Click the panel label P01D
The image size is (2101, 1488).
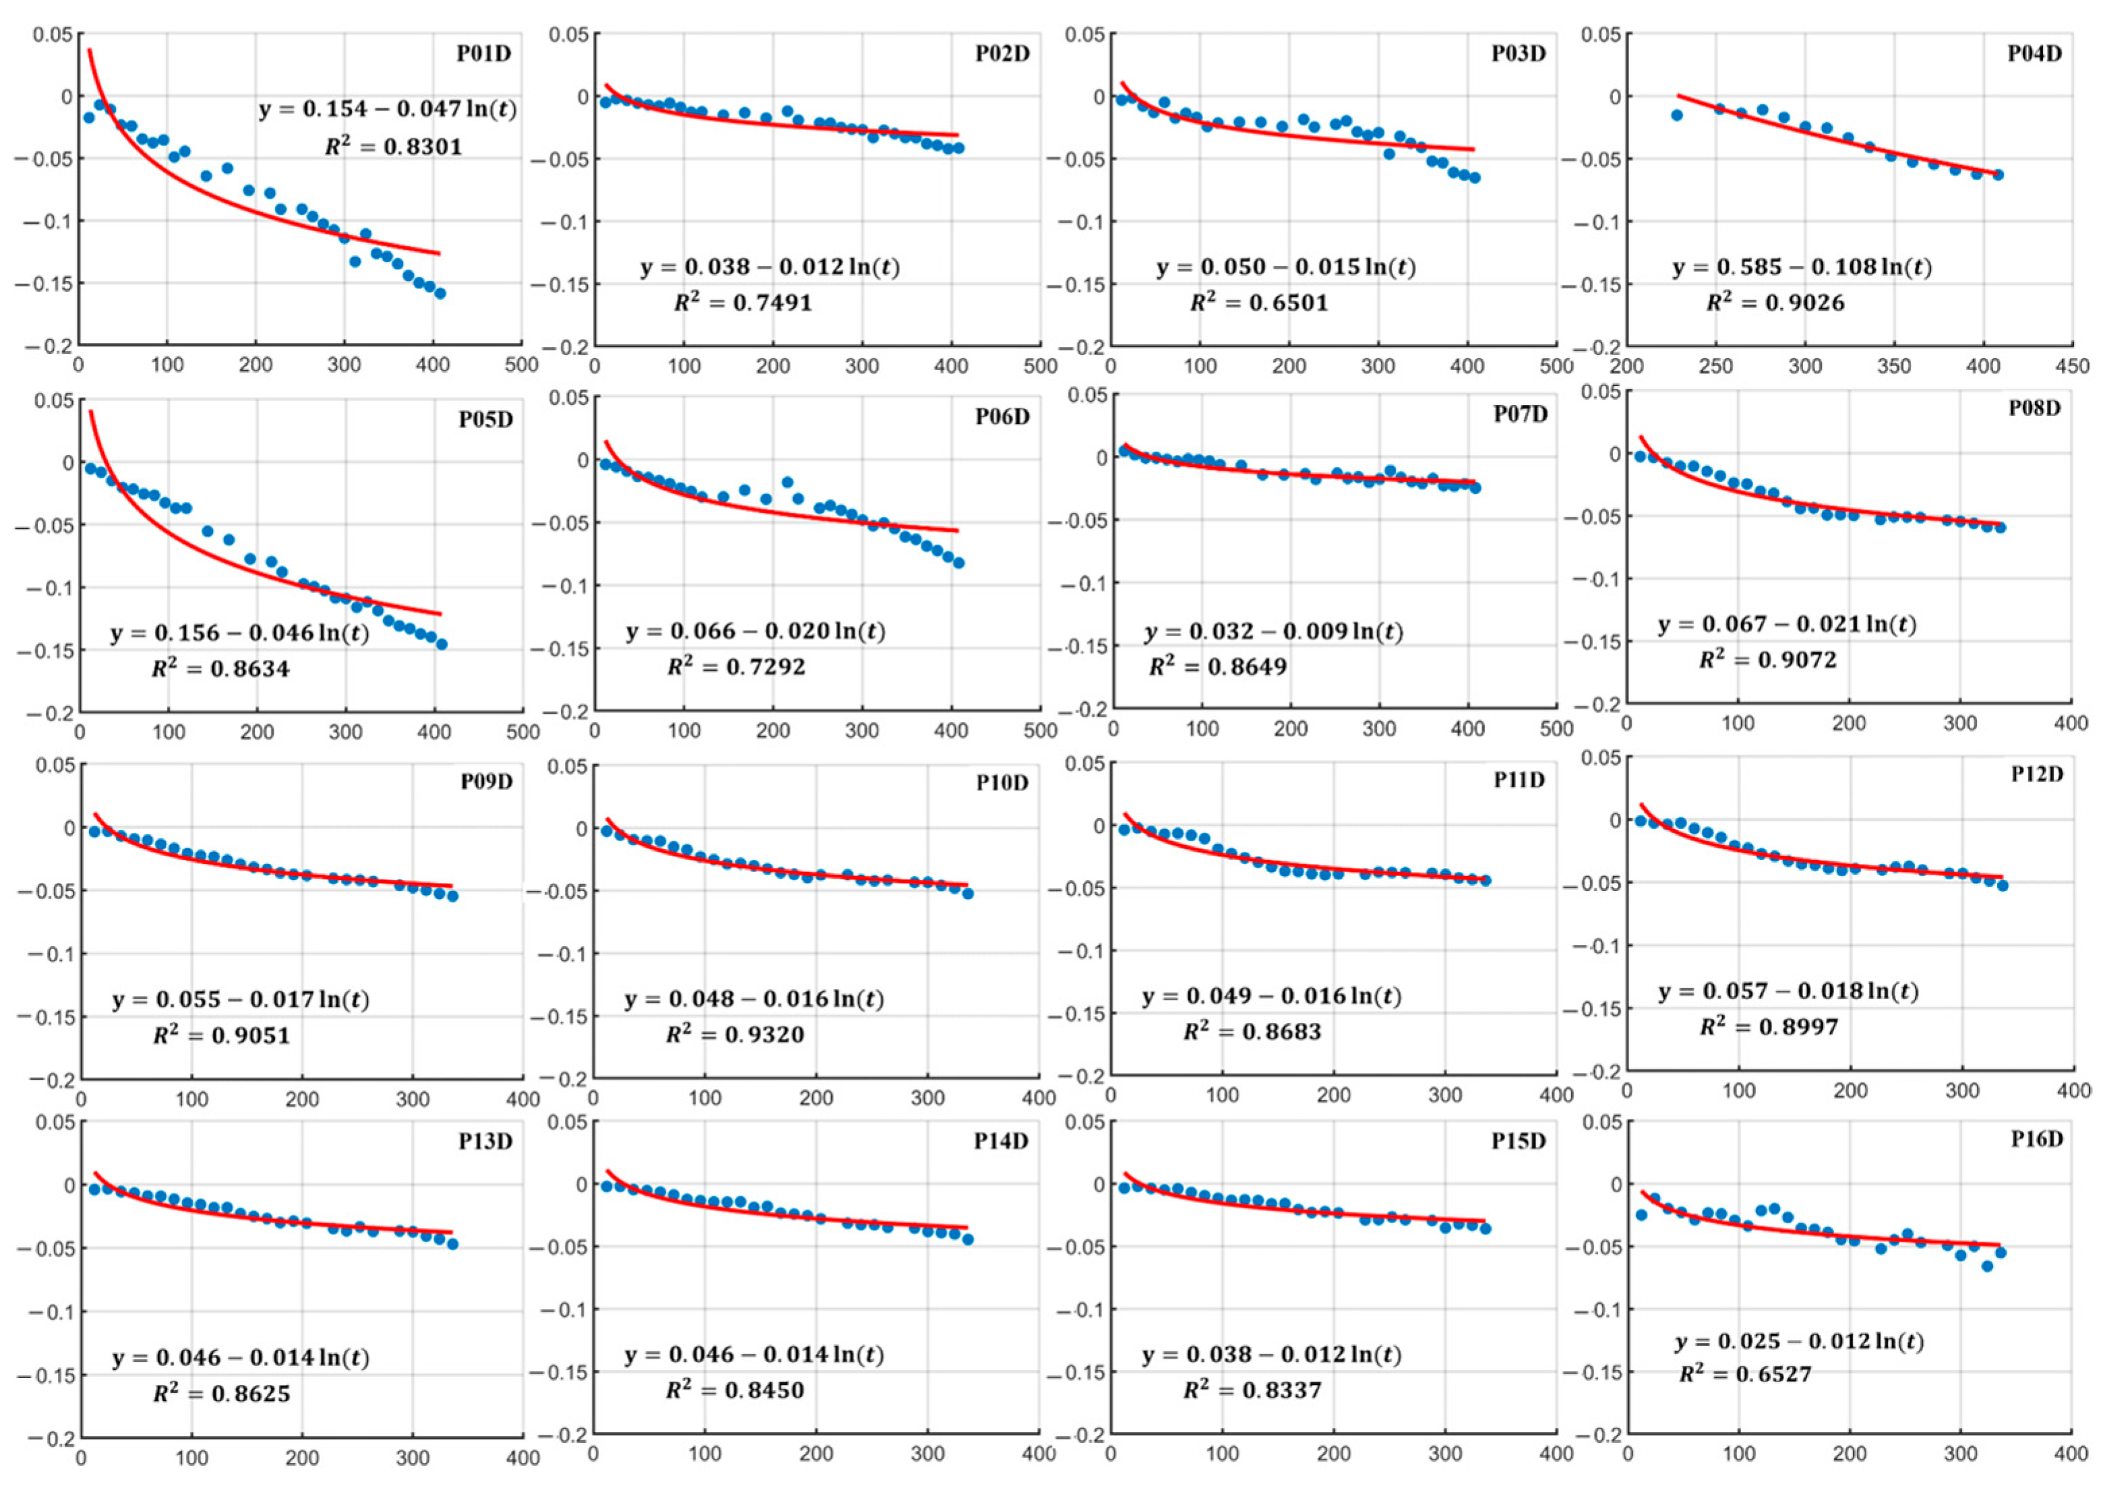point(484,53)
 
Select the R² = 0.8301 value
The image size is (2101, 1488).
point(394,147)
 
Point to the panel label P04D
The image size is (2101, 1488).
point(2034,53)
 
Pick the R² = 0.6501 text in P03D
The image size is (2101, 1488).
point(1259,303)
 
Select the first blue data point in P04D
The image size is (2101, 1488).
point(1677,115)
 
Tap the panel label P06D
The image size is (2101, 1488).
point(1002,417)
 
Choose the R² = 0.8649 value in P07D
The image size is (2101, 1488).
point(1218,666)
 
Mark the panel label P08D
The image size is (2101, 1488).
point(2034,408)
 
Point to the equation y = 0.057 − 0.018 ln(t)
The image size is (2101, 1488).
point(1788,991)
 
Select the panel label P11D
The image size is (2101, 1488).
point(1519,780)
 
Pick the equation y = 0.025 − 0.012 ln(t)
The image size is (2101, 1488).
point(1800,1341)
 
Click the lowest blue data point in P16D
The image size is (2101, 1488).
point(1987,1266)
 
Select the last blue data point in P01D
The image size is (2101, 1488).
point(439,293)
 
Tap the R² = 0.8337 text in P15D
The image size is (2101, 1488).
point(1252,1391)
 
